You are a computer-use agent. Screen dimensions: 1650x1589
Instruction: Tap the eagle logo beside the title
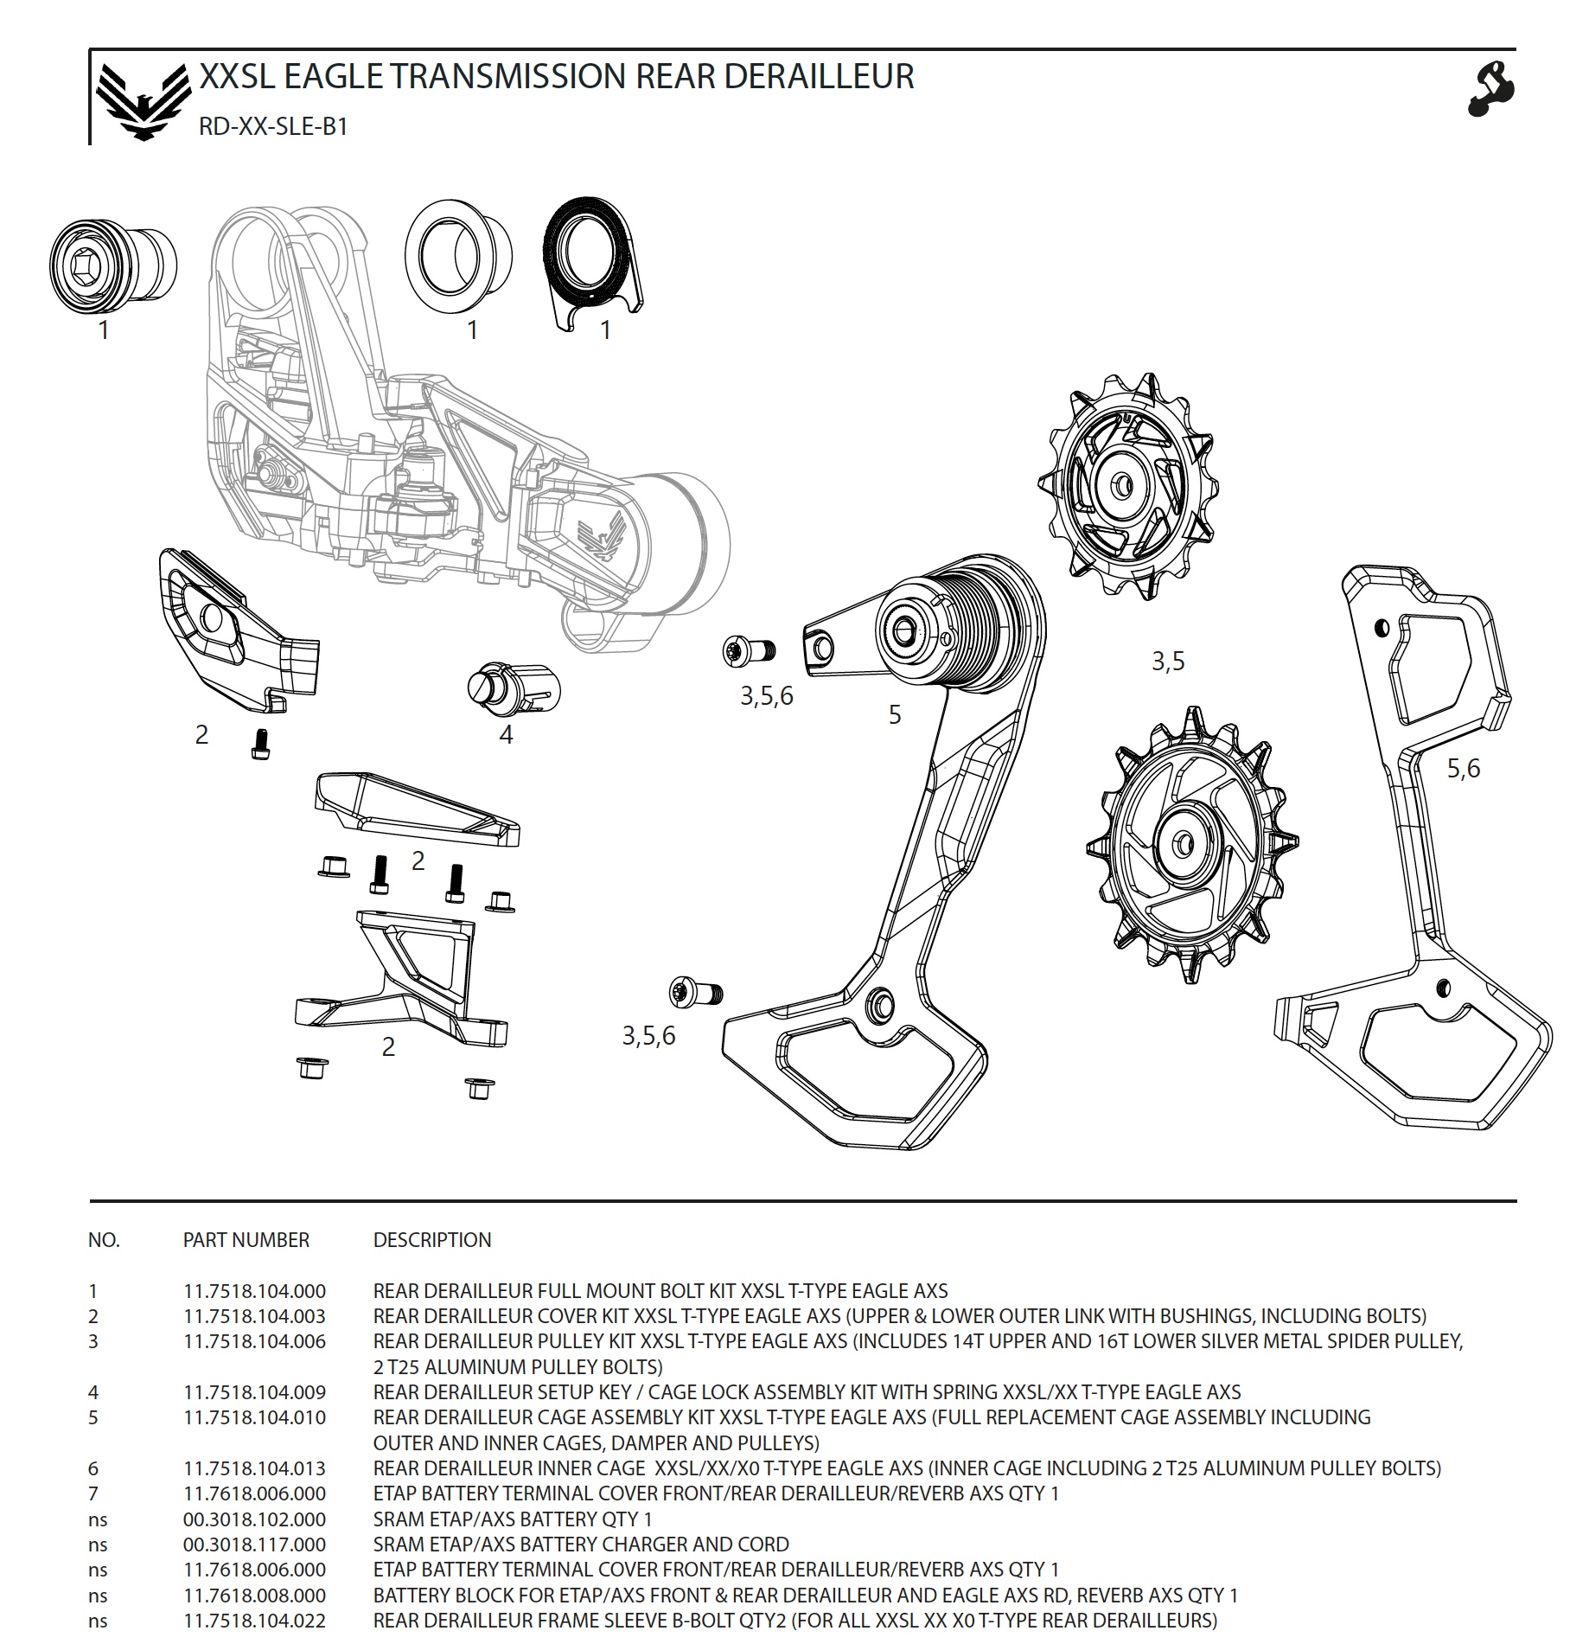point(143,101)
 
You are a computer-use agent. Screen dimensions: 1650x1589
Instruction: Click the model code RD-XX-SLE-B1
point(272,127)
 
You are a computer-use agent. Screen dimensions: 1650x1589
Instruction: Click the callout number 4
point(506,735)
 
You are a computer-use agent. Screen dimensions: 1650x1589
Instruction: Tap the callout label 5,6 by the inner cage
point(1463,768)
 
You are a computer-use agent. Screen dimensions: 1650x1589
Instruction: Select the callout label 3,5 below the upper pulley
point(1167,662)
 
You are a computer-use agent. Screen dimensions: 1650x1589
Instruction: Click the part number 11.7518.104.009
point(254,1392)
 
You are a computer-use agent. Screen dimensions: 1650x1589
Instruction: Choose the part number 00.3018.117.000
point(254,1544)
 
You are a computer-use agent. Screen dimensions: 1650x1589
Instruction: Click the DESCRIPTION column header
point(431,1240)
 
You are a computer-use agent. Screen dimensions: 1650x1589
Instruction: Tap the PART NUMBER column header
point(246,1240)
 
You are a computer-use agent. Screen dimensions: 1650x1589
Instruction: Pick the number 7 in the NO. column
point(93,1493)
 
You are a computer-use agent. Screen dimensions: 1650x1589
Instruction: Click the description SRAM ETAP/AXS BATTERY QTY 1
point(512,1519)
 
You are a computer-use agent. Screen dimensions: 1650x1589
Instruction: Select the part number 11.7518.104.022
point(254,1621)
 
